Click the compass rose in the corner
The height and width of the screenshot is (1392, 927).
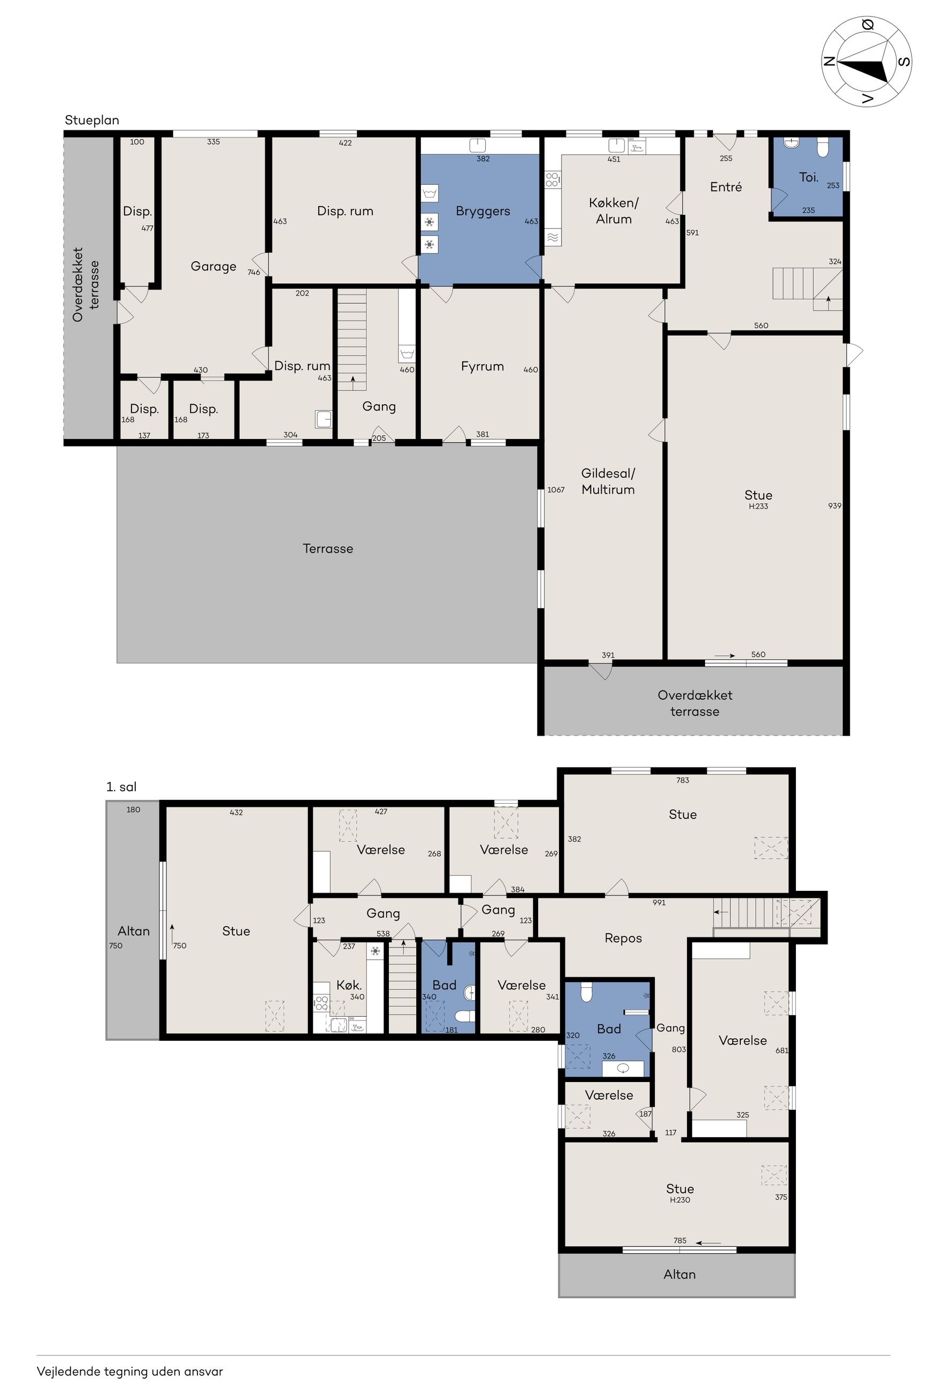866,62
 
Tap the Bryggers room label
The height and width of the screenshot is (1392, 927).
482,211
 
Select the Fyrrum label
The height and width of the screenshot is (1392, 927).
482,366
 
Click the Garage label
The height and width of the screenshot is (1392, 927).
213,266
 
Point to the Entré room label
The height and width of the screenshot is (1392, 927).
725,187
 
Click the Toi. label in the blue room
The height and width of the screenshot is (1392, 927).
808,177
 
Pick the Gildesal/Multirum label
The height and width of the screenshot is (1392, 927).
608,481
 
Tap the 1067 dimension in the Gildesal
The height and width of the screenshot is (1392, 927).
556,490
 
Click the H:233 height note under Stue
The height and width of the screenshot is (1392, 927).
758,506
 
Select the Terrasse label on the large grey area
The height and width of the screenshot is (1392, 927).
327,548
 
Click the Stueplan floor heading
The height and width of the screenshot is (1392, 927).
91,120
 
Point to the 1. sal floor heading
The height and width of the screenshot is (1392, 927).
121,787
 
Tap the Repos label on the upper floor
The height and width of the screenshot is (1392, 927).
623,938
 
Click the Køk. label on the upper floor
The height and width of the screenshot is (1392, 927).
349,985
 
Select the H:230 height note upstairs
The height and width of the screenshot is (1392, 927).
680,1200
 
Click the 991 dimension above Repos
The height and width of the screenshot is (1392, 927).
658,903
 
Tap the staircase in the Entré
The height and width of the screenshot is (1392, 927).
808,289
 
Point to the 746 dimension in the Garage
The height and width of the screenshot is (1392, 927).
254,272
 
